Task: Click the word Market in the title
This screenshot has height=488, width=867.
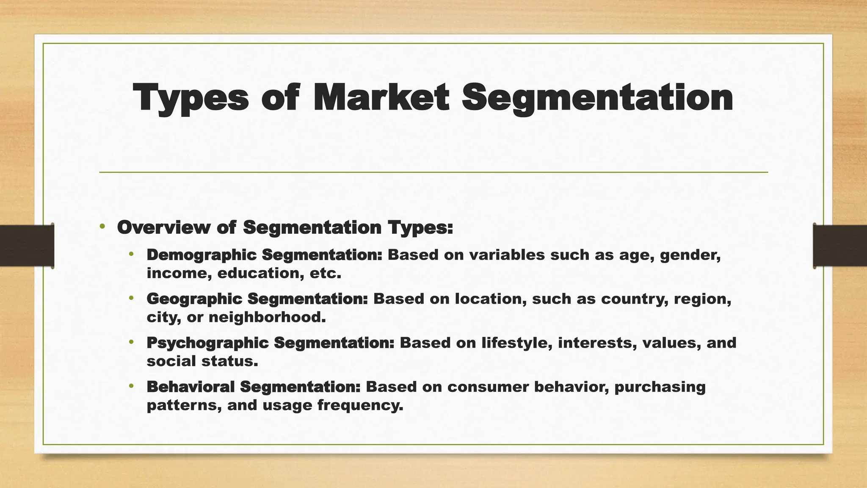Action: point(381,98)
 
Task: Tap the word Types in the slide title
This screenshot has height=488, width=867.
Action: point(191,98)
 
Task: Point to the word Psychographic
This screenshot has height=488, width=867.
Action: point(207,343)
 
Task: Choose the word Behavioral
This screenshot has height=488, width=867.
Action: point(191,387)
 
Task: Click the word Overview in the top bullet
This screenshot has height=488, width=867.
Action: point(163,227)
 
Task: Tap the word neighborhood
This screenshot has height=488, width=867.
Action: point(267,317)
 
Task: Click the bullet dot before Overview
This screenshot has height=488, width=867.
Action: point(102,227)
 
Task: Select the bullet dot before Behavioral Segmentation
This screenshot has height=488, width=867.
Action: point(131,386)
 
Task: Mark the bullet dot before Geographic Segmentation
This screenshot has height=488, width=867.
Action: point(131,298)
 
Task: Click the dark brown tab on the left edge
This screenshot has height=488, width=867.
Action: point(27,246)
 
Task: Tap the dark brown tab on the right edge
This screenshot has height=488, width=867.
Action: point(840,246)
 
